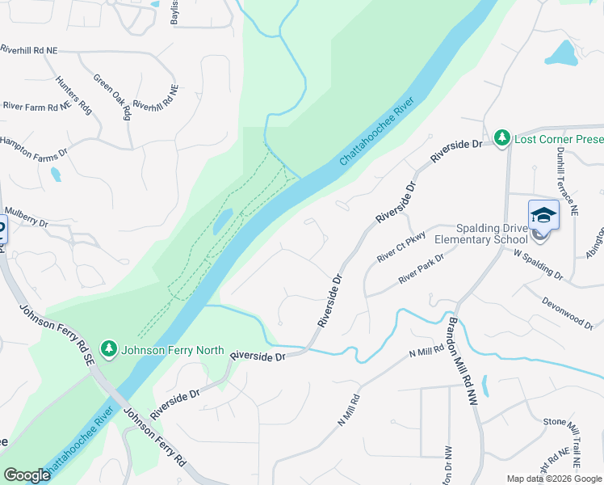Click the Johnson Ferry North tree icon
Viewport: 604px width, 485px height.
click(109, 349)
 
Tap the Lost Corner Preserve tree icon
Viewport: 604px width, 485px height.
click(503, 138)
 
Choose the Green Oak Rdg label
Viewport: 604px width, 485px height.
click(112, 96)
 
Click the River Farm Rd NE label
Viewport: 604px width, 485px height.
click(36, 106)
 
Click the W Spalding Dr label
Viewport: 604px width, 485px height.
click(538, 264)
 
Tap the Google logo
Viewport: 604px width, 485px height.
click(27, 475)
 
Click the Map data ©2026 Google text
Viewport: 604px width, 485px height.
click(553, 479)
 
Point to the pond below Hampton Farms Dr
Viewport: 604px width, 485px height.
click(55, 173)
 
